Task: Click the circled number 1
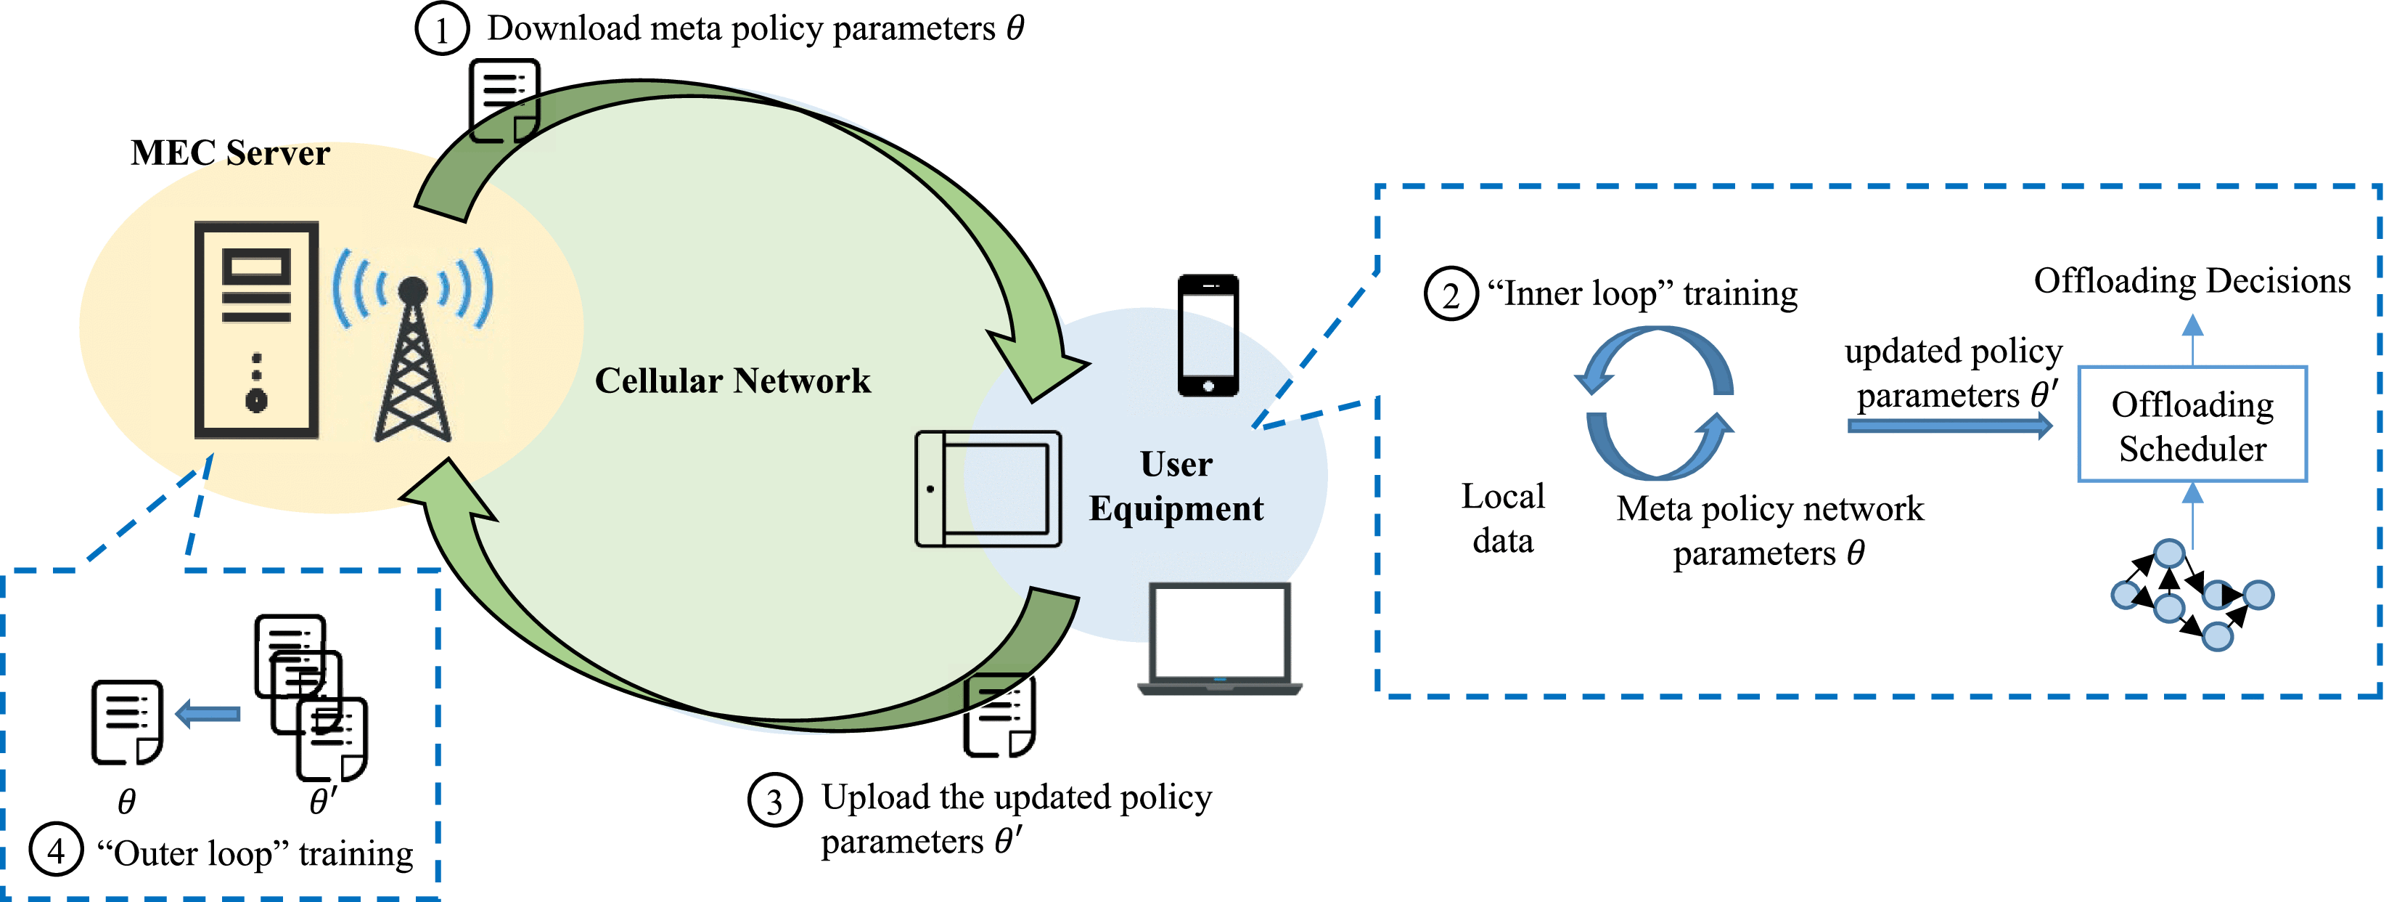click(441, 30)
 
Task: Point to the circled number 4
click(56, 850)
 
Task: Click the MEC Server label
click(230, 153)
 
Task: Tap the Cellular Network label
click(733, 381)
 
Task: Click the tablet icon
click(988, 488)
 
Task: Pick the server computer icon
click(257, 330)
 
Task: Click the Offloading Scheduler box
click(2192, 425)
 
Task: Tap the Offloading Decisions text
click(2192, 281)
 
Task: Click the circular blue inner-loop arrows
click(1655, 402)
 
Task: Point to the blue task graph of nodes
click(2192, 595)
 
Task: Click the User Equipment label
click(1176, 487)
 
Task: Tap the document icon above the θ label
click(127, 722)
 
